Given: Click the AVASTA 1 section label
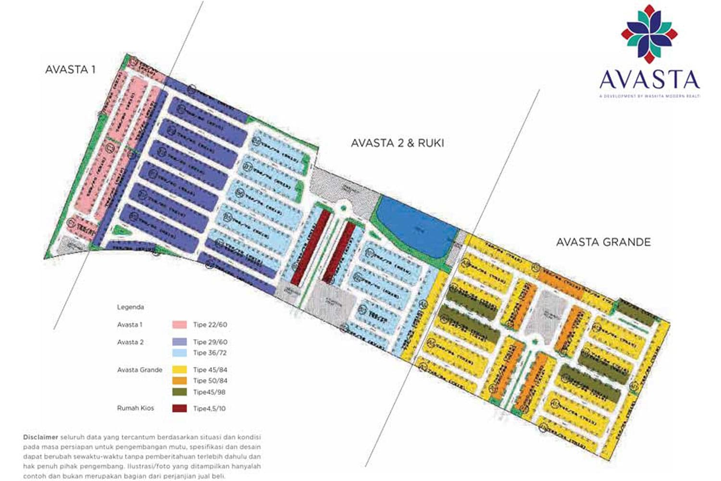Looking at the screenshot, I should click(x=70, y=69).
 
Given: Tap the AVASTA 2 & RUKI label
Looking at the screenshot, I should click(x=398, y=143).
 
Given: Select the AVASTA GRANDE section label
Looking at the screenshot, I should click(x=603, y=242).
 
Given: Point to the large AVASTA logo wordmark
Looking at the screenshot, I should click(x=649, y=80).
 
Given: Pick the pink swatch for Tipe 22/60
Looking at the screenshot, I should click(x=179, y=325).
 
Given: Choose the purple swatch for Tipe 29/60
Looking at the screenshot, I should click(x=179, y=342).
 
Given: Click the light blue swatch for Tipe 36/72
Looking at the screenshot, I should click(x=179, y=353).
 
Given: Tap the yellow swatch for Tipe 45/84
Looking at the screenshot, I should click(x=179, y=370).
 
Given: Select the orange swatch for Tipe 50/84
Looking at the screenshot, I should click(x=179, y=380).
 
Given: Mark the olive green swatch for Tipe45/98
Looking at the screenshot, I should click(x=179, y=392).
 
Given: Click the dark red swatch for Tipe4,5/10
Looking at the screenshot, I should click(x=179, y=408).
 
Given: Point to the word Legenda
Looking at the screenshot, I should click(x=130, y=307).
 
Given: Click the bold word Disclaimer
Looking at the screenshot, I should click(x=40, y=437).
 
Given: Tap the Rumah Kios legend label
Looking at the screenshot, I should click(x=136, y=408).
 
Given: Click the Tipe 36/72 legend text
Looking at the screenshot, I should click(x=210, y=353).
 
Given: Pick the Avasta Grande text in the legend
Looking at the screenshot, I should click(x=139, y=370).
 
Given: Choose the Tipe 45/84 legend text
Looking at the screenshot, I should click(x=210, y=370).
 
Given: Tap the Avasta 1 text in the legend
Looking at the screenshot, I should click(x=130, y=325).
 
